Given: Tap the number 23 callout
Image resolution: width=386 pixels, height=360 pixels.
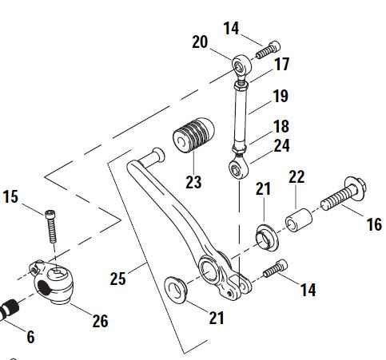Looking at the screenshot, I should click(194, 182).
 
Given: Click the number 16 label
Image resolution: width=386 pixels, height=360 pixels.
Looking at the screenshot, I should click(373, 225).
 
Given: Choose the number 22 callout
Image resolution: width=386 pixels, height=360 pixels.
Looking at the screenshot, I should click(296, 176).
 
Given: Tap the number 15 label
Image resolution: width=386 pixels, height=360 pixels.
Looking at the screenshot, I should click(10, 196).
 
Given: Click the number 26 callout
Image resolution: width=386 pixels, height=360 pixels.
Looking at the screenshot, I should click(99, 322).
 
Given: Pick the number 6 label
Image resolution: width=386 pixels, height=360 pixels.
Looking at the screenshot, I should click(30, 338).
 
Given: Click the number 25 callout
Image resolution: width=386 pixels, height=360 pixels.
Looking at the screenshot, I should click(119, 279).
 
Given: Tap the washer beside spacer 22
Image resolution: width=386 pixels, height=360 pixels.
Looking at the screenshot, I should click(265, 235).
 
